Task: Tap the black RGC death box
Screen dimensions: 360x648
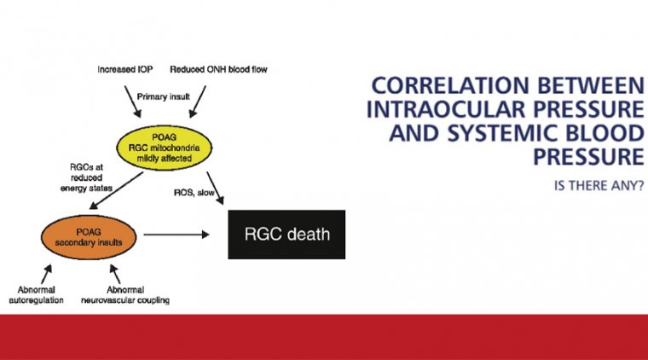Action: click(286, 234)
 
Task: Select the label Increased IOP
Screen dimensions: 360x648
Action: click(124, 67)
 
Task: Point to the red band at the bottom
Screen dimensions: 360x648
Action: click(324, 336)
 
